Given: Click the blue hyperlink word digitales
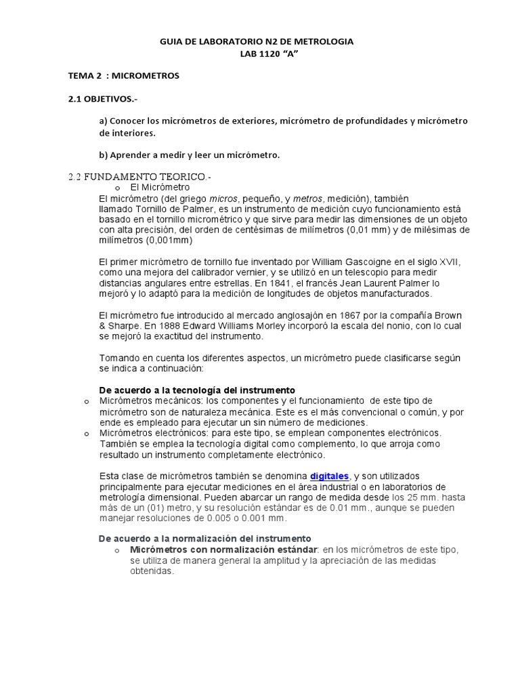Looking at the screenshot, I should tap(330, 476).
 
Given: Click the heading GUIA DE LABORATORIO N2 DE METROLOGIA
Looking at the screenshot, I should tap(256, 42).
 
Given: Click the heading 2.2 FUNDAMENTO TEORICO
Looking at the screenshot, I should tap(139, 177).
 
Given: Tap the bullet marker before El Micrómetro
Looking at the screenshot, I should tap(117, 188).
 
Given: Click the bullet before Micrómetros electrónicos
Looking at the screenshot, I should tap(86, 433).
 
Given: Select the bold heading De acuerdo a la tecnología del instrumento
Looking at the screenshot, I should tap(197, 390).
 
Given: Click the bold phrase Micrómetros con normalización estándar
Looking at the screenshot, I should tap(223, 549).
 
